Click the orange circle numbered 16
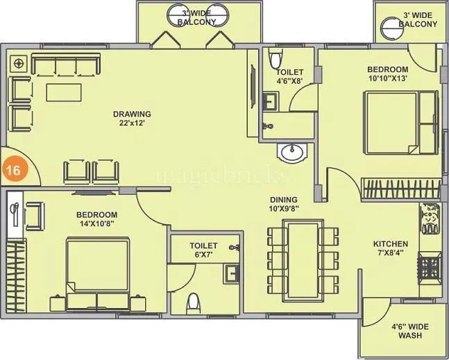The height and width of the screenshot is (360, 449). click(x=12, y=169)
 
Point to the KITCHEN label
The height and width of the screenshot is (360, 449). click(x=391, y=244)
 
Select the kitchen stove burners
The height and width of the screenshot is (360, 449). click(x=428, y=266)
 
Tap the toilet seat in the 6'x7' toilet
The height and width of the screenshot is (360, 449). click(x=194, y=302)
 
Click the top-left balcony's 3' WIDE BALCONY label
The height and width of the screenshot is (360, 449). click(x=196, y=17)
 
